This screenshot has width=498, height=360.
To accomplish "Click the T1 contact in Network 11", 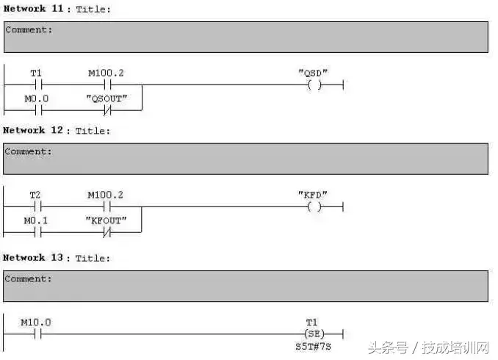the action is (x=38, y=84).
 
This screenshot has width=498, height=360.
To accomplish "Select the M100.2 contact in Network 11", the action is (x=107, y=84).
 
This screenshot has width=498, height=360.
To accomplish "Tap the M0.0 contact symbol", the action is (x=38, y=111).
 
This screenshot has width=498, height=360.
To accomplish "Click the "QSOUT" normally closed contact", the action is (x=107, y=111).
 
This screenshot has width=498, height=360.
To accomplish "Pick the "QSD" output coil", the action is (x=314, y=84).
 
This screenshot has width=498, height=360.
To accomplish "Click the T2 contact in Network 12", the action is (x=37, y=206).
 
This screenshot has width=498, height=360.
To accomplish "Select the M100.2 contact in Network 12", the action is (x=107, y=206).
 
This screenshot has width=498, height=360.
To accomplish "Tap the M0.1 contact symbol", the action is (x=37, y=233).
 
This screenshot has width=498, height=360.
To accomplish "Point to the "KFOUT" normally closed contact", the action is (x=107, y=233).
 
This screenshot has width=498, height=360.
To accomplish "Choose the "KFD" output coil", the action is (x=314, y=207).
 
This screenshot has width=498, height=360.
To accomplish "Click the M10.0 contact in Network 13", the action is (x=37, y=334).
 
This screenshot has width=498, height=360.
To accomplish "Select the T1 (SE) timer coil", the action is (x=314, y=334).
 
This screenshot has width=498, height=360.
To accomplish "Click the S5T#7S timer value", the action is (x=313, y=346).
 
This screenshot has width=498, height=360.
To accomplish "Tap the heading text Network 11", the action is (x=34, y=9).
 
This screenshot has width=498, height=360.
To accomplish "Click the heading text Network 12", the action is (x=33, y=130).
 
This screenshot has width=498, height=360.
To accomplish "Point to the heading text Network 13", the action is (x=33, y=257).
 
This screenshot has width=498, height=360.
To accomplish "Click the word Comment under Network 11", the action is (x=26, y=30).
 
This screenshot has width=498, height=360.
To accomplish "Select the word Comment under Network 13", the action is (x=26, y=278).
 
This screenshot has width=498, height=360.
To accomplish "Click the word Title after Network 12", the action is (x=90, y=131).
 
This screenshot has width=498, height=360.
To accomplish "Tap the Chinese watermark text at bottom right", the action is (x=428, y=348).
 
